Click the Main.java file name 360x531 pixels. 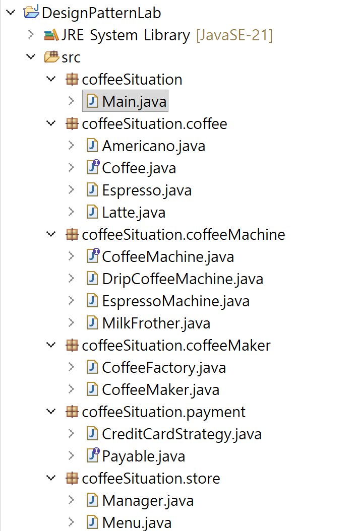tap(134, 102)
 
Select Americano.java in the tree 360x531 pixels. tap(153, 146)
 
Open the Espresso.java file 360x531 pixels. tap(147, 190)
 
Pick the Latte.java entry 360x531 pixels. tap(134, 213)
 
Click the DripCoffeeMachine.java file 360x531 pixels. tap(183, 279)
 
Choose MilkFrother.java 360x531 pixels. tap(156, 323)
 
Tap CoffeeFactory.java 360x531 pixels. tap(164, 368)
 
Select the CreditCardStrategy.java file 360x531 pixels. tap(182, 434)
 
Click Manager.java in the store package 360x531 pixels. tap(148, 501)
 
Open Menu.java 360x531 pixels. tap(137, 523)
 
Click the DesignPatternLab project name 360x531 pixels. tap(101, 13)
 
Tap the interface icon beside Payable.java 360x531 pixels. tap(93, 456)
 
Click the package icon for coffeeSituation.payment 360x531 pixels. tap(72, 412)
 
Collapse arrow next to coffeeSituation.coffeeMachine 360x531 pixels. tap(51, 235)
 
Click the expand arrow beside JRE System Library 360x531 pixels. tap(31, 35)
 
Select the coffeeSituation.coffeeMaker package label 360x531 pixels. tap(176, 346)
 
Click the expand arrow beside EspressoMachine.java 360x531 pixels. tap(71, 301)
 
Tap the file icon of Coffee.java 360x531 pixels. tap(93, 168)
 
